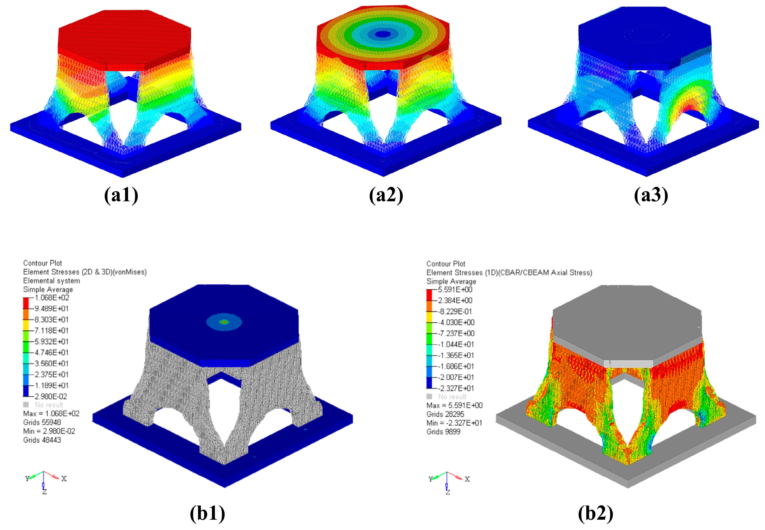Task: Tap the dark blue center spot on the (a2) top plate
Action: click(x=383, y=34)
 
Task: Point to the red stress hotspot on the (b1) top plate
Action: click(x=224, y=322)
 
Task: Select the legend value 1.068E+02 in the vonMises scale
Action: click(x=52, y=297)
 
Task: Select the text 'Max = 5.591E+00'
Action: click(x=454, y=405)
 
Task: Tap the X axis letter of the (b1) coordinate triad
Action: click(x=64, y=479)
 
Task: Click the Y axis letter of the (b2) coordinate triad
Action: click(x=431, y=479)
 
